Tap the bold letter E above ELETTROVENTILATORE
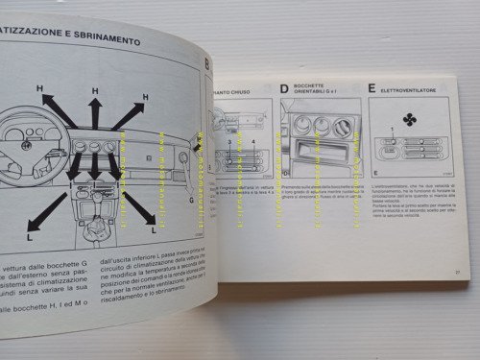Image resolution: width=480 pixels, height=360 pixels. coord(371,87)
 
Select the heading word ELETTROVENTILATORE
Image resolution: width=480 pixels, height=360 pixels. coord(411,88)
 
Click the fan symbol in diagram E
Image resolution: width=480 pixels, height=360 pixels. coord(410,119)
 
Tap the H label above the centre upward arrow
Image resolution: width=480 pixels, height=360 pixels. coord(95,91)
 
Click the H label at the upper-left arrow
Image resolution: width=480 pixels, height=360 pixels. coord(40,88)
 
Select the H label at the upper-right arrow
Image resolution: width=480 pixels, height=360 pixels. coord(144,96)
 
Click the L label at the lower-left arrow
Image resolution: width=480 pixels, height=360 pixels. coord(32,233)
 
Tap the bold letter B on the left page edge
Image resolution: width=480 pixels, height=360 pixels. coord(206,63)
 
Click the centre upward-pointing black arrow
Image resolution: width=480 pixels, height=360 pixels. coord(94,116)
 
